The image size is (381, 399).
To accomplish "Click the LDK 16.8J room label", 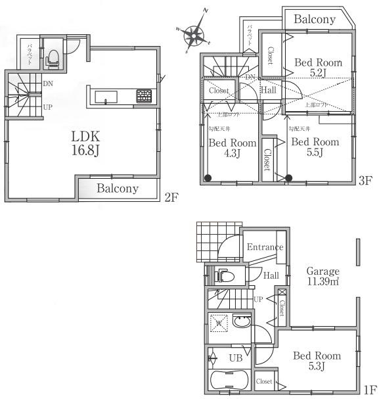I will (x=85, y=143).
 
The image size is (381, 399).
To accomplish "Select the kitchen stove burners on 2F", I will (x=144, y=96).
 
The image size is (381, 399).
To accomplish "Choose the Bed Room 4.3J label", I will (x=233, y=148).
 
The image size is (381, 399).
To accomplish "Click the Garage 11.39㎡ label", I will (x=321, y=276).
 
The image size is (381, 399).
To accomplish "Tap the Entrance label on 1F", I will (x=265, y=247).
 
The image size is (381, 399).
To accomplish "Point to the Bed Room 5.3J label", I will (x=317, y=361).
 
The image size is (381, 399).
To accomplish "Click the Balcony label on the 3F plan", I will (x=315, y=20).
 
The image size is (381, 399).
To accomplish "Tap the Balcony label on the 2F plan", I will (x=118, y=189).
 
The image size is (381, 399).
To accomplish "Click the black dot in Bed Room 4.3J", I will (x=208, y=177).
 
